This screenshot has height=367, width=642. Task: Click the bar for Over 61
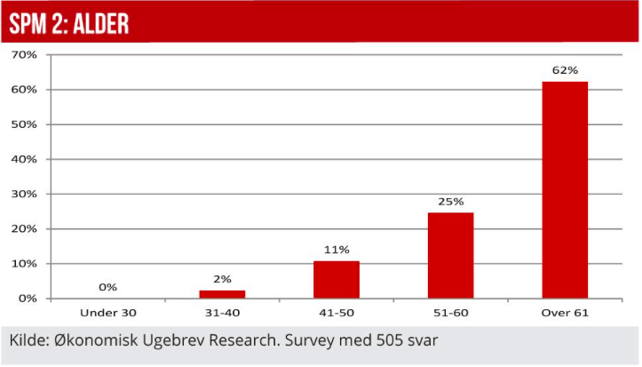565,190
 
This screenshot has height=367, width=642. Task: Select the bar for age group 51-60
450,255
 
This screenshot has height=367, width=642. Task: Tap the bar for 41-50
337,279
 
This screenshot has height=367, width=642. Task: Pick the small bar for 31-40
222,293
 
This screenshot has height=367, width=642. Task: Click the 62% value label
565,70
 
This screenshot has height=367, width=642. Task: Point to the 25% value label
450,202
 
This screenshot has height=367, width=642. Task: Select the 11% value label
337,250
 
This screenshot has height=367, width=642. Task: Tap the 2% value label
222,279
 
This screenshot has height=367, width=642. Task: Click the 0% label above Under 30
108,287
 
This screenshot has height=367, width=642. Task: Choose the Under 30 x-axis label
108,314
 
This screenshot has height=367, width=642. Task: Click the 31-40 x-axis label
222,314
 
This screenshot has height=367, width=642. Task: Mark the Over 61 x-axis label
565,314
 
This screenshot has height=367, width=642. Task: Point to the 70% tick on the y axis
24,55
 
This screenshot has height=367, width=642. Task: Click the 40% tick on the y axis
24,159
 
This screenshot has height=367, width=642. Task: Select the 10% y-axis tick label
24,264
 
